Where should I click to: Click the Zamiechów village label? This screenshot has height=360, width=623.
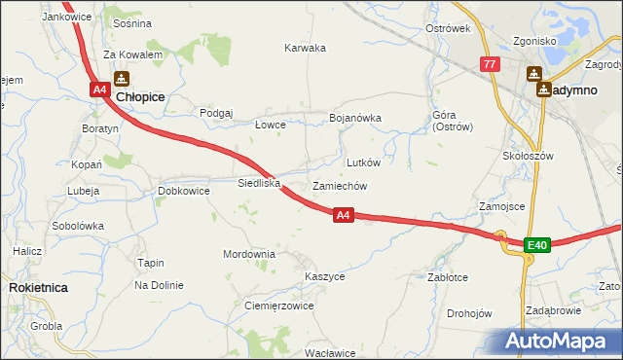(339, 186)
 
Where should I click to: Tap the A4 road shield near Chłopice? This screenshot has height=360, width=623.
(99, 90)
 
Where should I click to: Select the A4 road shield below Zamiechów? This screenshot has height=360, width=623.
(343, 215)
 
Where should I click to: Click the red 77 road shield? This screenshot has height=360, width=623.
(490, 64)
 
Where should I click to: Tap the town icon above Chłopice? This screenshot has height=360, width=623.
(121, 79)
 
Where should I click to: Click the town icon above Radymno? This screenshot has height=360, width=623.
(534, 73)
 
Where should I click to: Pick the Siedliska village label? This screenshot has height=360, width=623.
(259, 182)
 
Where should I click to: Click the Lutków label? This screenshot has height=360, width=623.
(363, 162)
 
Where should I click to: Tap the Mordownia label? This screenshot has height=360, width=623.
(249, 254)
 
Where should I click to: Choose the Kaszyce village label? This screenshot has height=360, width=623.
(324, 276)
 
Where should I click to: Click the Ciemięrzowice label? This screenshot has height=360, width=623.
(278, 305)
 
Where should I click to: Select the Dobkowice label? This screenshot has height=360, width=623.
(184, 191)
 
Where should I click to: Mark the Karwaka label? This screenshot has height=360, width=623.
(305, 48)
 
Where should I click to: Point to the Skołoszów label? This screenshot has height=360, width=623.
(528, 156)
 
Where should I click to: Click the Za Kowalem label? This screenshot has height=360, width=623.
(132, 54)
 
